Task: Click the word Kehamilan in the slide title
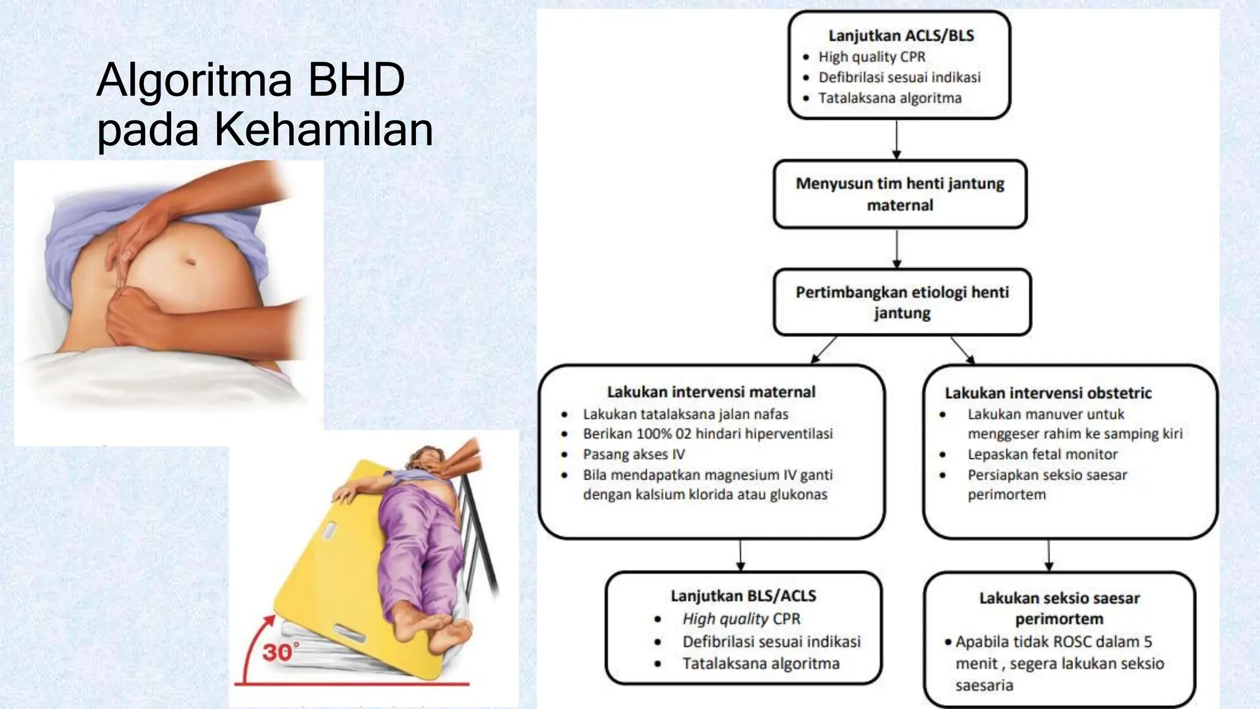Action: [x=324, y=129]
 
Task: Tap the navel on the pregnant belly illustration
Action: [x=190, y=262]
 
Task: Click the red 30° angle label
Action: [x=281, y=652]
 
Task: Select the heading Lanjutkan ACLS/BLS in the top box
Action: [x=901, y=36]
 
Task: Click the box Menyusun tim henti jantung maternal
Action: [x=899, y=194]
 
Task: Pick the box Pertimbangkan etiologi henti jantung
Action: [x=902, y=302]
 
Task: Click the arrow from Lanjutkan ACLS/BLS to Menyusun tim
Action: [x=896, y=140]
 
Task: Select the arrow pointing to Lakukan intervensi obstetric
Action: [x=963, y=350]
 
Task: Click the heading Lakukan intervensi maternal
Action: [x=711, y=392]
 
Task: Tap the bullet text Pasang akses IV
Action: [x=634, y=454]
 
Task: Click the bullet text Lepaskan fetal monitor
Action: [x=1042, y=454]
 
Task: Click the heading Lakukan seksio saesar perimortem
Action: [x=1059, y=608]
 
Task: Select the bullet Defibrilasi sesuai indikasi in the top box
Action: [x=899, y=78]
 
